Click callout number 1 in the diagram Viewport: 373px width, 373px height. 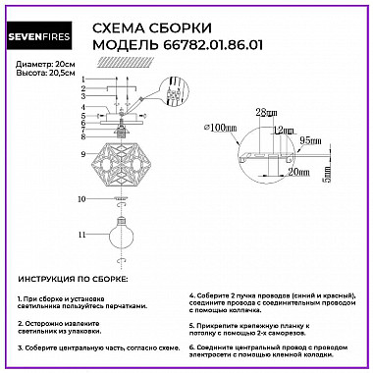tap(85, 80)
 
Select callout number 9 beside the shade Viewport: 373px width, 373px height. tap(85, 155)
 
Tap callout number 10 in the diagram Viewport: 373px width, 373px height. tap(84, 199)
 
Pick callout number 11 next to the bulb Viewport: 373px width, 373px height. tap(84, 236)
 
